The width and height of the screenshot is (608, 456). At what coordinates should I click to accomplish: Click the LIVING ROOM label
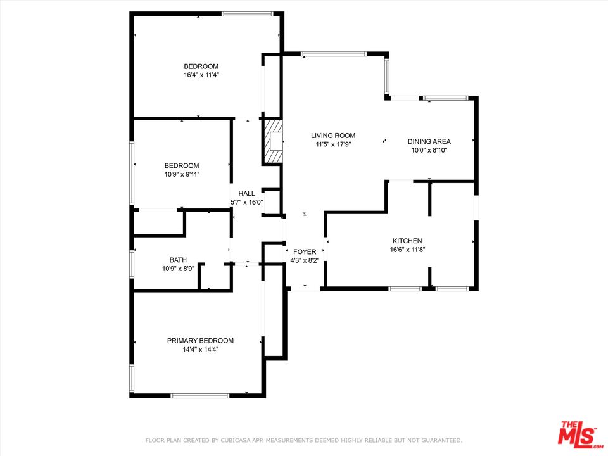333,136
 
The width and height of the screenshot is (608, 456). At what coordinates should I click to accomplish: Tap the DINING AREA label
429,141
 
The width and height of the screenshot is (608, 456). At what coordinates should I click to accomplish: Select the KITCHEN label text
407,241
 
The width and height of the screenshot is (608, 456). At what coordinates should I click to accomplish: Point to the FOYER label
305,252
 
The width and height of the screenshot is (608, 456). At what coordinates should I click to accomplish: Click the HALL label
246,194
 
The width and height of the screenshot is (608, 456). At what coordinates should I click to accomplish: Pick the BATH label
178,260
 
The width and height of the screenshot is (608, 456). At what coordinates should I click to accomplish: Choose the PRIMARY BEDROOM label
201,341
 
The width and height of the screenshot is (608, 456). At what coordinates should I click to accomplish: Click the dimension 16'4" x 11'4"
201,75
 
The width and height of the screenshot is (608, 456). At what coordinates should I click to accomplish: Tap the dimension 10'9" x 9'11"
182,175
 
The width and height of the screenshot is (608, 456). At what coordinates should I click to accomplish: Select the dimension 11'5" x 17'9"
334,144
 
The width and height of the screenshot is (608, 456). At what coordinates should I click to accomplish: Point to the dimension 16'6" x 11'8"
407,250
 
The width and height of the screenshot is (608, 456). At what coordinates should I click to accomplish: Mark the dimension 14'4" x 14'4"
201,350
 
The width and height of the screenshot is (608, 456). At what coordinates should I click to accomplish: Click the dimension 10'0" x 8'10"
429,151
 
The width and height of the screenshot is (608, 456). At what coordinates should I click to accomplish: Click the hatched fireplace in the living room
273,141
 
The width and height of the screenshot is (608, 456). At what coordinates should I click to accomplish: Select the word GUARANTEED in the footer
440,441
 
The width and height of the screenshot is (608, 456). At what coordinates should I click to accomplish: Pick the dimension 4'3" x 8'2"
305,261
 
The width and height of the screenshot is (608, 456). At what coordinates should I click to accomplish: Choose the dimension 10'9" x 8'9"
178,269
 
